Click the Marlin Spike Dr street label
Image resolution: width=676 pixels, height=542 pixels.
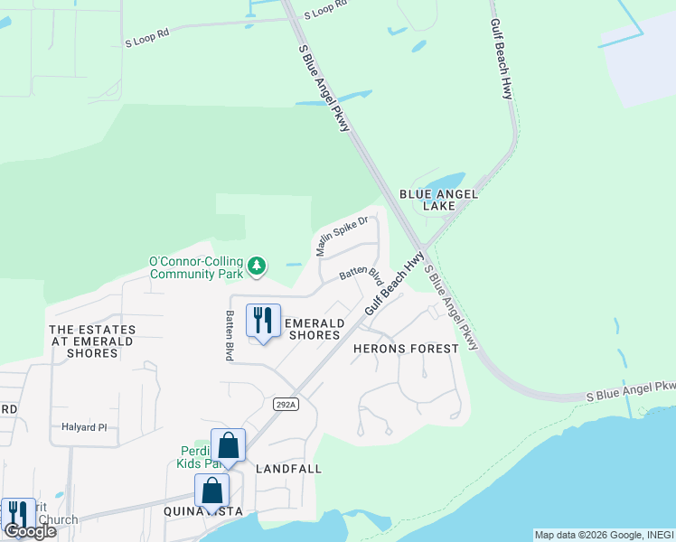[x=341, y=235]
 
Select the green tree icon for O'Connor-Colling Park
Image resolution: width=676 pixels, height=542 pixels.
[x=258, y=266]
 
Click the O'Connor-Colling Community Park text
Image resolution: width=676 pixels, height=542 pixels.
[x=199, y=267]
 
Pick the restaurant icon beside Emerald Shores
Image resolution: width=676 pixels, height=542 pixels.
[x=263, y=321]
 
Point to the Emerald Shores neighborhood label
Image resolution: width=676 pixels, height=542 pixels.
[x=314, y=329]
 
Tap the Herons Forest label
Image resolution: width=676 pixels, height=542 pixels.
[x=406, y=348]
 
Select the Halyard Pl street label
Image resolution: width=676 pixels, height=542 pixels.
[x=84, y=427]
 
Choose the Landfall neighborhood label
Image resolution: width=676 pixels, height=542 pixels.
[x=288, y=469]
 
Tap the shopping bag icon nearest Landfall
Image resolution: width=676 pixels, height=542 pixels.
[x=228, y=445]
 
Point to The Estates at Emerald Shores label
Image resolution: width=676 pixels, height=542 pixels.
[x=91, y=341]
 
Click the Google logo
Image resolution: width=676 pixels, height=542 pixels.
[x=31, y=531]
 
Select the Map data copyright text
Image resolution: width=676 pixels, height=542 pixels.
[x=604, y=535]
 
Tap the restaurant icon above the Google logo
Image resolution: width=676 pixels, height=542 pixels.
[x=18, y=512]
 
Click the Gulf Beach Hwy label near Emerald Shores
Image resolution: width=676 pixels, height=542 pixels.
[x=394, y=284]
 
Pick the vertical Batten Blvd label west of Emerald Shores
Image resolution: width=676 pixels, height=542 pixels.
[x=230, y=336]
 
